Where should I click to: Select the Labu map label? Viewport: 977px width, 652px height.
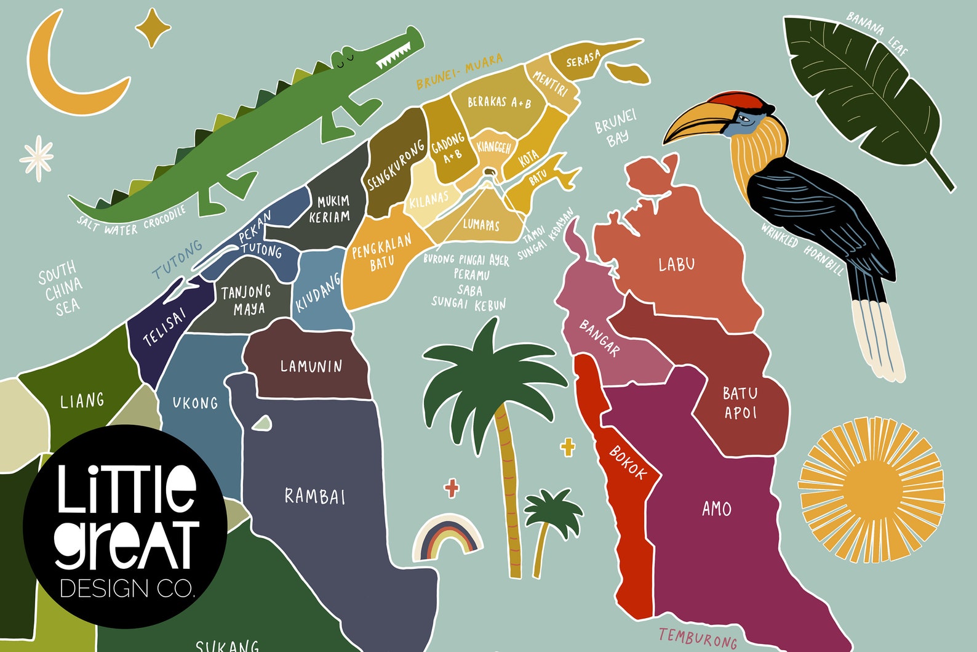click(677, 265)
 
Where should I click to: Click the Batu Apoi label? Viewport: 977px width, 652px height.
click(740, 403)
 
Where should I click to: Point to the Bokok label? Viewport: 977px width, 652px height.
click(628, 462)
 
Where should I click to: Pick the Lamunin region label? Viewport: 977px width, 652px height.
click(311, 366)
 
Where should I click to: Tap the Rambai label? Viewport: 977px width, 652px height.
click(315, 496)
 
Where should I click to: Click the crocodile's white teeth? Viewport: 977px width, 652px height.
click(394, 55)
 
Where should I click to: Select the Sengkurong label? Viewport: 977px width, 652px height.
click(396, 165)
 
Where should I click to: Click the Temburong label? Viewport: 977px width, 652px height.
click(698, 637)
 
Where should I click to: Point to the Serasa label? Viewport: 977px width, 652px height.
click(583, 60)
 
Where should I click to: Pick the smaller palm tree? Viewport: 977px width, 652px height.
click(551, 523)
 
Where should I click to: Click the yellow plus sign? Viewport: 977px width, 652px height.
click(568, 448)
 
